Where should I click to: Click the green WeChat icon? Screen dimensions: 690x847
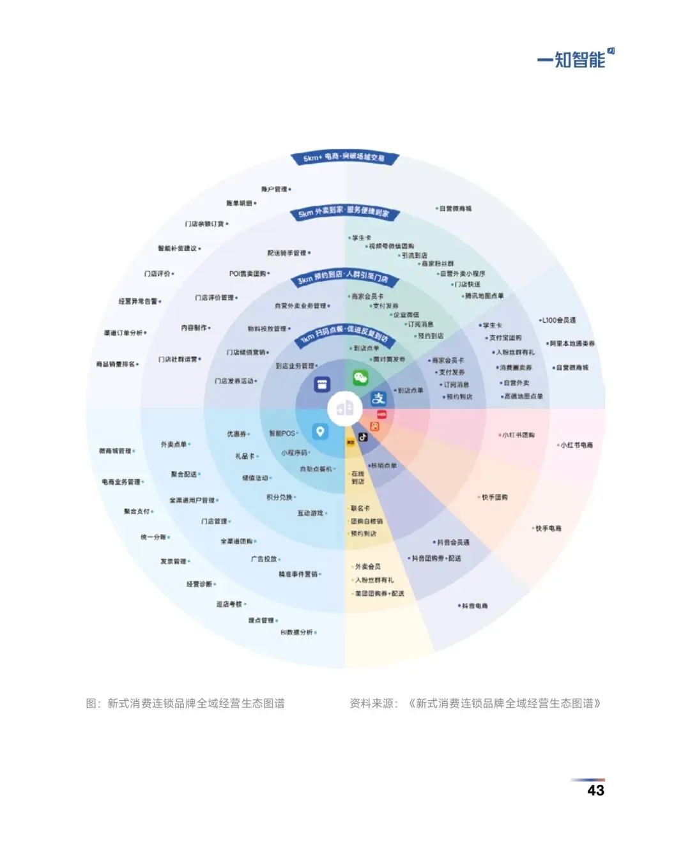[x=360, y=378]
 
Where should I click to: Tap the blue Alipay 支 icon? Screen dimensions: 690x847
[x=378, y=399]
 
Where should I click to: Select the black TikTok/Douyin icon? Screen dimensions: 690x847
[x=362, y=438]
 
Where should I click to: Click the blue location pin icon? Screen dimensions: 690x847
[x=320, y=432]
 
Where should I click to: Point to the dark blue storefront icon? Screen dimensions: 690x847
[x=321, y=385]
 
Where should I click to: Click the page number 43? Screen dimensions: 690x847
[x=595, y=790]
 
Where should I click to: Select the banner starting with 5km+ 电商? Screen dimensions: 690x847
[x=344, y=157]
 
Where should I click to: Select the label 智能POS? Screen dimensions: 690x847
[x=282, y=433]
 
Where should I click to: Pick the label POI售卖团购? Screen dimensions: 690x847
[x=247, y=273]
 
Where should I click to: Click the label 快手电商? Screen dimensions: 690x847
[x=548, y=528]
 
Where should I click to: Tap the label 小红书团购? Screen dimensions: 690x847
[x=518, y=435]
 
